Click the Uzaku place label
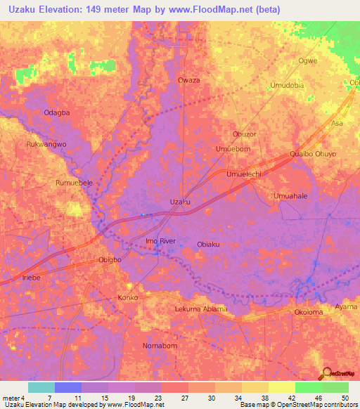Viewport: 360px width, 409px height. [180, 202]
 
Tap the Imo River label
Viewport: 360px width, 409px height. [160, 241]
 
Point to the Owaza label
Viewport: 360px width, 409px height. [189, 80]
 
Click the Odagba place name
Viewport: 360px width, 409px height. [57, 112]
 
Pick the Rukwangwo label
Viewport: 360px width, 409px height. [46, 144]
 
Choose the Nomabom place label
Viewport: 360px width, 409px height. [159, 346]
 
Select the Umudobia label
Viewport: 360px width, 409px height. [287, 85]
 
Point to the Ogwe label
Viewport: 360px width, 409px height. [308, 60]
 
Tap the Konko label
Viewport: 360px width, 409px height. [127, 298]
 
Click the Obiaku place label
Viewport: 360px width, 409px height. [209, 244]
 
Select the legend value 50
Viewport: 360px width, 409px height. [345, 398]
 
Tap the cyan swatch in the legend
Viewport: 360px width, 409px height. [41, 387]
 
